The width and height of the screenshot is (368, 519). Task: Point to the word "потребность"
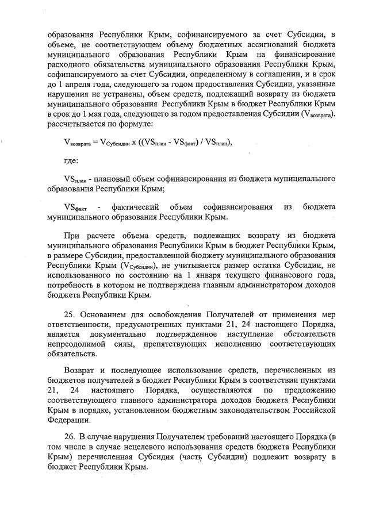pyautogui.click(x=71, y=285)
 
